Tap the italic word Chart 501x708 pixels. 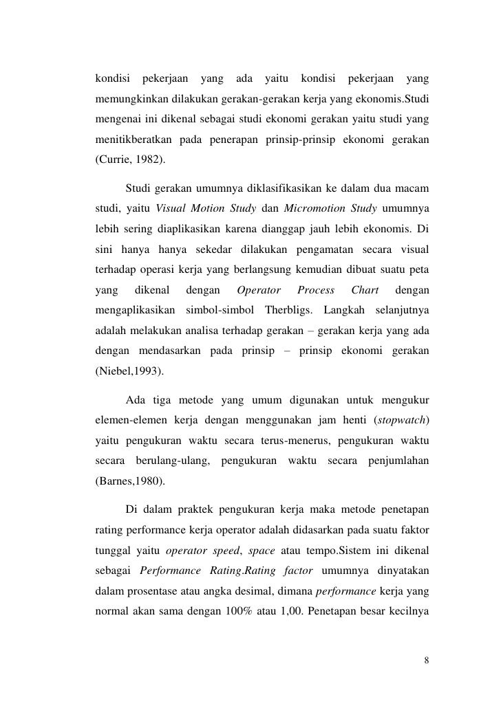coord(365,294)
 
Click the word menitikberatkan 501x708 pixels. coord(134,140)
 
